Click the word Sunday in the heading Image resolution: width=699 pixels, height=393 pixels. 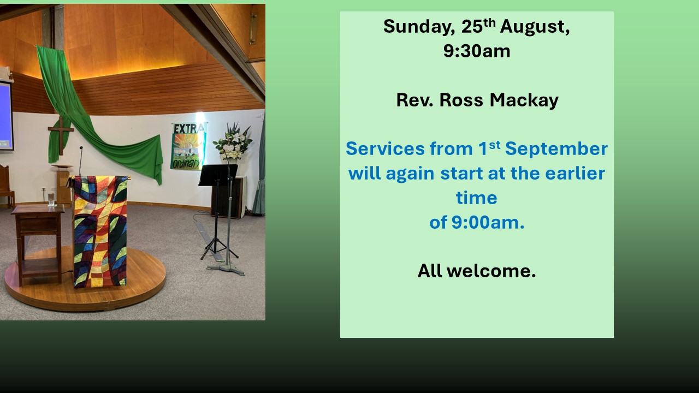click(419, 27)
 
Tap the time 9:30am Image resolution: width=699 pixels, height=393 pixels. click(477, 51)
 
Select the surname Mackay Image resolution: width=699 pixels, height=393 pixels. click(524, 100)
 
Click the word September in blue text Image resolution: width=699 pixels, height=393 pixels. click(556, 149)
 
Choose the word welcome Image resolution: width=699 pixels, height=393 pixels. click(491, 271)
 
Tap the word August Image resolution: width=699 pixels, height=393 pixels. click(535, 27)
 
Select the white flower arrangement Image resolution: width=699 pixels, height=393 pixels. click(233, 142)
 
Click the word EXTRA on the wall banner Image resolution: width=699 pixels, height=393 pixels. click(189, 128)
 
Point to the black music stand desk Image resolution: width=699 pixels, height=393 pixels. click(218, 175)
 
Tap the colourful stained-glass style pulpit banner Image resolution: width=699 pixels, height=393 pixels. click(100, 231)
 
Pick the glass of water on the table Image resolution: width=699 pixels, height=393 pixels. click(51, 200)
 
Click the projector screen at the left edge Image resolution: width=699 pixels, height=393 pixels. click(5, 115)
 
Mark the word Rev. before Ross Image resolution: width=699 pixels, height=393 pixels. click(414, 100)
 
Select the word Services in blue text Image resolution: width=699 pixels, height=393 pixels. click(385, 149)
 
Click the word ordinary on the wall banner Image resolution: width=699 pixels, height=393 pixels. click(186, 163)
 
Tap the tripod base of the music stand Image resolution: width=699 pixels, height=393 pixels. click(218, 248)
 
